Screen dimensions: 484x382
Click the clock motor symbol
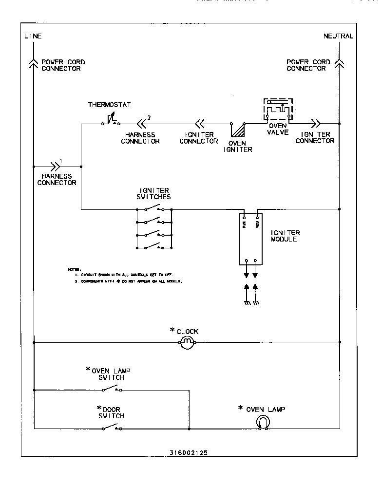coord(188,343)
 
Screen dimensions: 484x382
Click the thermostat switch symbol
coord(112,120)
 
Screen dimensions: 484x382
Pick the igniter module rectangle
coord(251,239)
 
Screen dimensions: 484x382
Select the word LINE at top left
coord(33,37)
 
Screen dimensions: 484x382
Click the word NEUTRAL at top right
coord(338,37)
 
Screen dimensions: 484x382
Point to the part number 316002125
coord(189,452)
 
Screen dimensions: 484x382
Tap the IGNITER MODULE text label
coord(285,236)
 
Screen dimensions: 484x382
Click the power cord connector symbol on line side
coord(33,63)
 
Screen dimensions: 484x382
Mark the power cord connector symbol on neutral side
coord(339,63)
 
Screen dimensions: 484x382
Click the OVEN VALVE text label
coord(279,129)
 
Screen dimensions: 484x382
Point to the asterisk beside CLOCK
coord(172,331)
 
